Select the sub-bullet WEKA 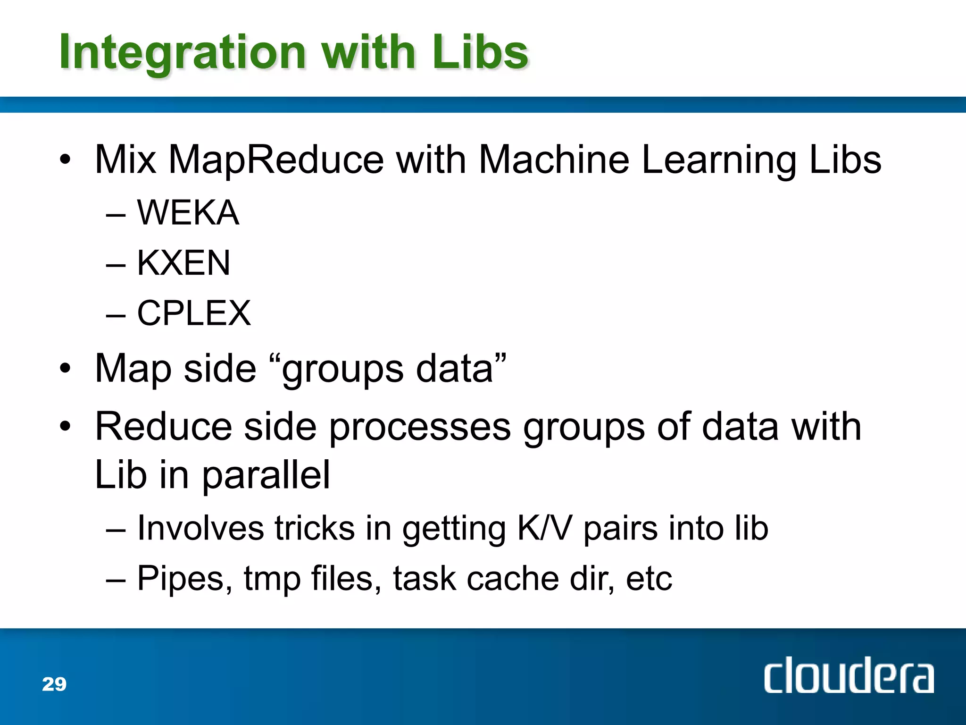point(188,213)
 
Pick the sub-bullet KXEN point(183,263)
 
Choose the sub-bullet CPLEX point(194,313)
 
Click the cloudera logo point(849,675)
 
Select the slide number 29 point(54,684)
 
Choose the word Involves point(200,528)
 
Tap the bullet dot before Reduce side point(65,426)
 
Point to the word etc point(649,579)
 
